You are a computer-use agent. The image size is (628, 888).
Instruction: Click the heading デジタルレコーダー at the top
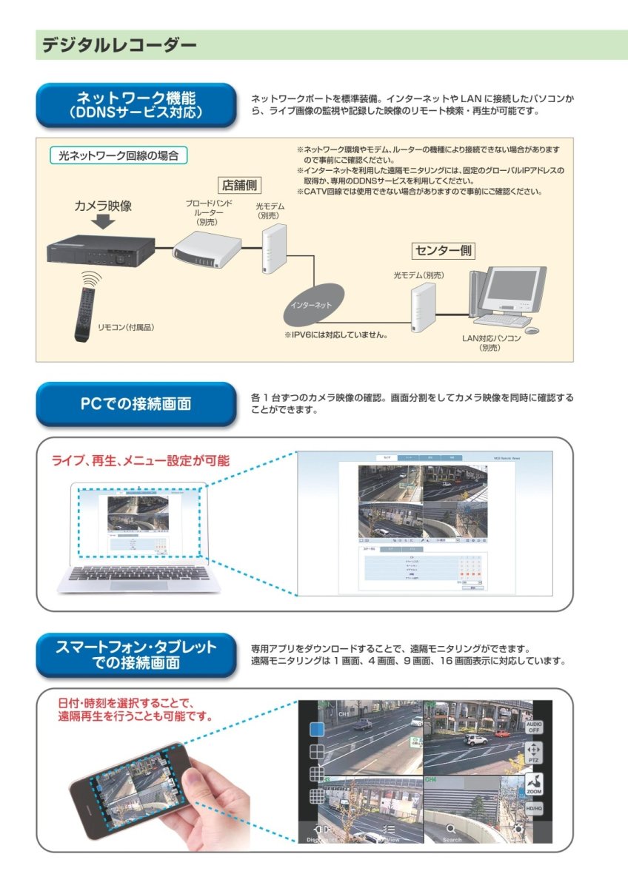coord(119,45)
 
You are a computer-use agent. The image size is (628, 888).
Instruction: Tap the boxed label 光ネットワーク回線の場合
coord(118,156)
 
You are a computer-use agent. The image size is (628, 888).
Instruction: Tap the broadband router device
coord(207,248)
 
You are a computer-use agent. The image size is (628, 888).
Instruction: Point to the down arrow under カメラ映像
coord(103,223)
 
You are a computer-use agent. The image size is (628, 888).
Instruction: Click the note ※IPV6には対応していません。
coord(336,335)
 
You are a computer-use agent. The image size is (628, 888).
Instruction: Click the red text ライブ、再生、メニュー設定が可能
coord(140,460)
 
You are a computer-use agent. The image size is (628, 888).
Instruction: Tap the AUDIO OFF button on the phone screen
coord(534,726)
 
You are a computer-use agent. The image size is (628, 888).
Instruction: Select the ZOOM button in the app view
coord(534,784)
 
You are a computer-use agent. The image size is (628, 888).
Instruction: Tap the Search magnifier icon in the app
coord(452,832)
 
